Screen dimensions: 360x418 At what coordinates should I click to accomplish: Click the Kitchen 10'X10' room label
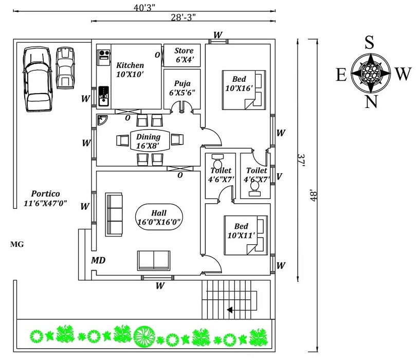point(130,69)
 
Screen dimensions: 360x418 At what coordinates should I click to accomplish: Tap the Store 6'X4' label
point(184,55)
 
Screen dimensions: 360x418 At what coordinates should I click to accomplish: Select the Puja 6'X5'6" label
point(182,87)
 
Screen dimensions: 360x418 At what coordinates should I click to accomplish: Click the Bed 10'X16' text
point(240,83)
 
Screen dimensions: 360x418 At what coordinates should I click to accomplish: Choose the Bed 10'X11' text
point(241,230)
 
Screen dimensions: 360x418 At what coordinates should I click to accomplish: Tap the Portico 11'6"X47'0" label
point(45,199)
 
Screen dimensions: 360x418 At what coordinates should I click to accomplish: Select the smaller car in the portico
point(65,67)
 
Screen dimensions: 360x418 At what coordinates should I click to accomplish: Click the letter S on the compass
point(369,43)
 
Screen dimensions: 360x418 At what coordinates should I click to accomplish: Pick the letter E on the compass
point(341,75)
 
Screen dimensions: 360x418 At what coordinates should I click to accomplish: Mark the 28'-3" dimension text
point(183,17)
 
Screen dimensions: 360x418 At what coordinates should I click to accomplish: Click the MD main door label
point(99,261)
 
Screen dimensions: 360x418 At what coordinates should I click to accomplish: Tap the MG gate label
point(17,245)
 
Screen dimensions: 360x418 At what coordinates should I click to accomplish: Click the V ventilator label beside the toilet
point(279,176)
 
